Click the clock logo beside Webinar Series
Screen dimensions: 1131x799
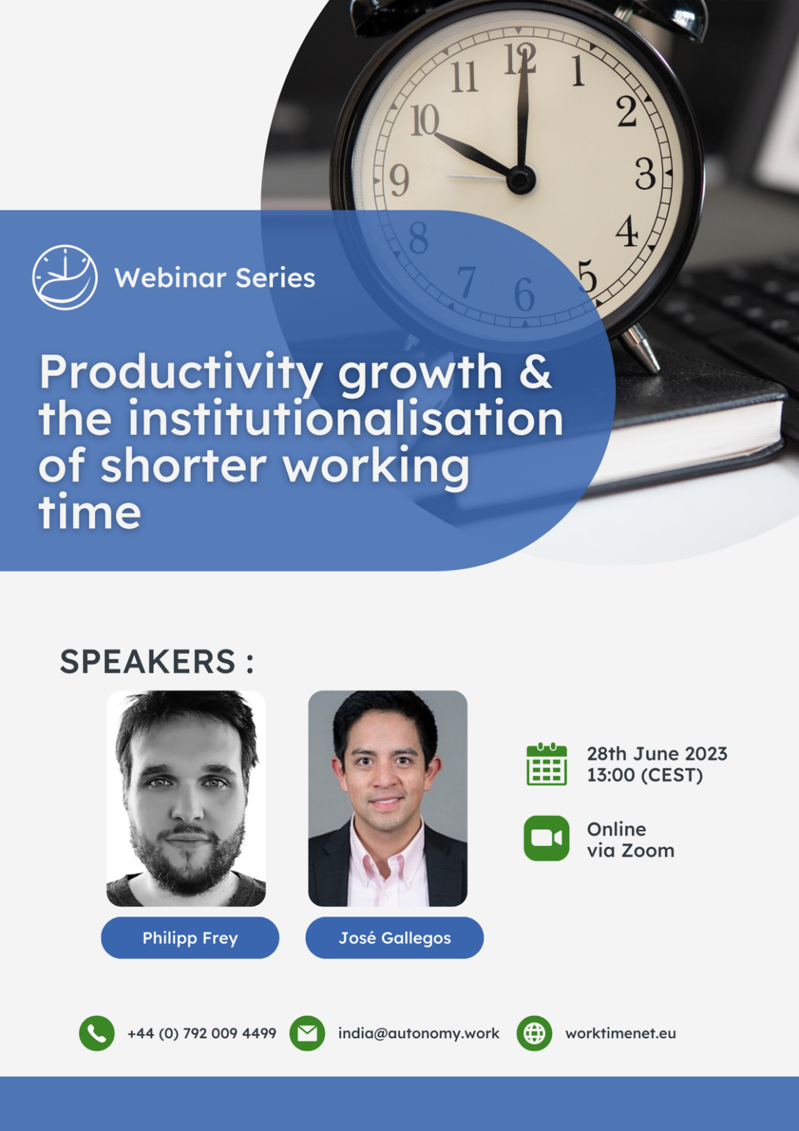(65, 278)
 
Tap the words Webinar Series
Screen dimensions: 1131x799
(214, 278)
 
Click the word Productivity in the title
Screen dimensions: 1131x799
(180, 372)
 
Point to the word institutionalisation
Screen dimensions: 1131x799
(345, 418)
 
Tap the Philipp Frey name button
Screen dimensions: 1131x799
(190, 937)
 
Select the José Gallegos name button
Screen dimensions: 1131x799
(394, 937)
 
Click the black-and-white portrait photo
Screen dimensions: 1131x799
(186, 798)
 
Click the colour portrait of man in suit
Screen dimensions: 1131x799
(388, 798)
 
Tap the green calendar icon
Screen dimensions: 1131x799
(547, 764)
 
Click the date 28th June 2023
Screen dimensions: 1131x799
(656, 754)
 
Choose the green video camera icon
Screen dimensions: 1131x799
(547, 838)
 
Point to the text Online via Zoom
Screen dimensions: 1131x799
(631, 839)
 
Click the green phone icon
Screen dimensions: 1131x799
(97, 1033)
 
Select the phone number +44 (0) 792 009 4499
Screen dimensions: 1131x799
(202, 1033)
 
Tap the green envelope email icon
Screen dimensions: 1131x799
(308, 1033)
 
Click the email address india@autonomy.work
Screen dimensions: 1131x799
(419, 1033)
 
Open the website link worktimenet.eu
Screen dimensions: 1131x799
(620, 1033)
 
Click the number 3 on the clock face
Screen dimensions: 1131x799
(645, 174)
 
